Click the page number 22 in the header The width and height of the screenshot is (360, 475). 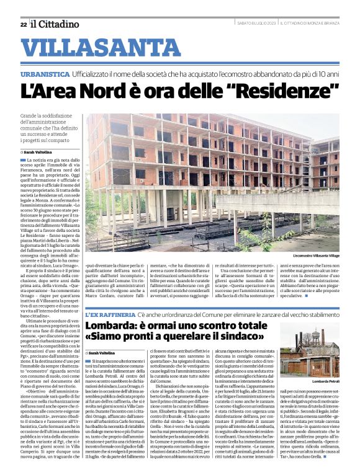point(23,24)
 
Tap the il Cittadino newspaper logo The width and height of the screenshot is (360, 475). point(56,24)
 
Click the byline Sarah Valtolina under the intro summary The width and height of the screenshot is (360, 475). point(38,151)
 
